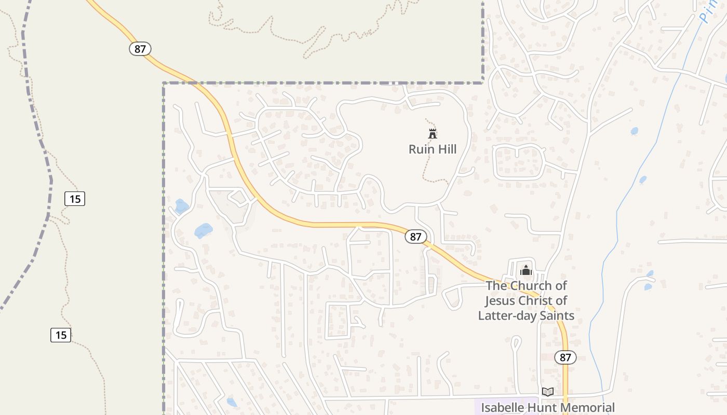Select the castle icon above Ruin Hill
(432, 133)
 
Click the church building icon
(526, 270)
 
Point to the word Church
(531, 286)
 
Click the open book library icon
(547, 392)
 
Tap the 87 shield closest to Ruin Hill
(415, 237)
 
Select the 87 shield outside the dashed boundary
(140, 49)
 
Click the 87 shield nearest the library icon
(566, 357)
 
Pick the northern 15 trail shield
(75, 198)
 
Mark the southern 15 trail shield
(61, 335)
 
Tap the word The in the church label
(496, 286)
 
